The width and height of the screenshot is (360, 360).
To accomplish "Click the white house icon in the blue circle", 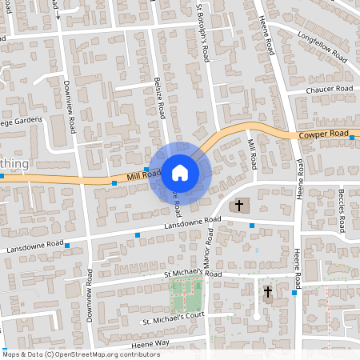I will tap(180, 172).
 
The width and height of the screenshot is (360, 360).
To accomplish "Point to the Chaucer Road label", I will tap(330, 90).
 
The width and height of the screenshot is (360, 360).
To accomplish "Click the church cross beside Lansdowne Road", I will tap(238, 206).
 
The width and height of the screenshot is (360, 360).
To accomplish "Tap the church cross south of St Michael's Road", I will tap(267, 292).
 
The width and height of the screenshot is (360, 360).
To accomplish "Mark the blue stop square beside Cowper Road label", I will tap(352, 138).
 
